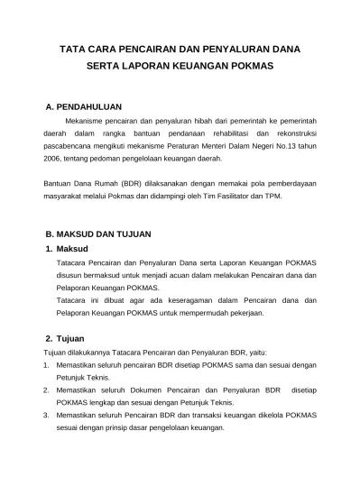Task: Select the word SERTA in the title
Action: (105, 67)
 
